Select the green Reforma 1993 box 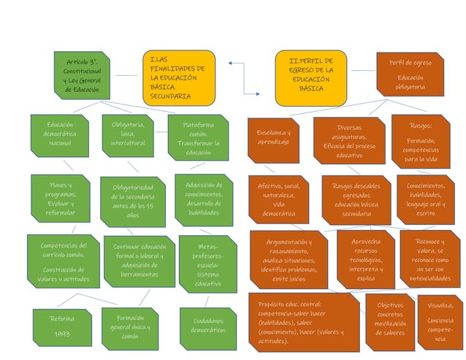61,326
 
